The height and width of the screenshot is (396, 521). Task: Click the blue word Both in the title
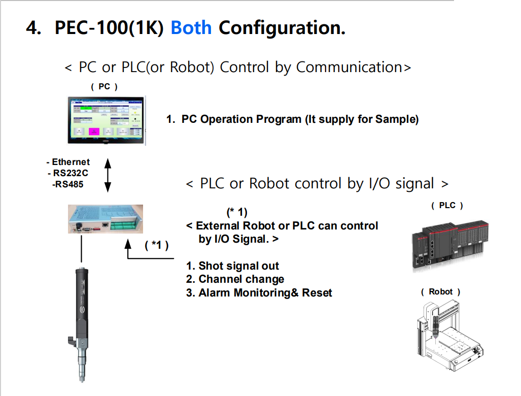tap(191, 27)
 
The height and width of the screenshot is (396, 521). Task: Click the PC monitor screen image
tap(106, 118)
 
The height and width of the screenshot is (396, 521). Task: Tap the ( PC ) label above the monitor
tap(104, 87)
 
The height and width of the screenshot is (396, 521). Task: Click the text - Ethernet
tap(68, 162)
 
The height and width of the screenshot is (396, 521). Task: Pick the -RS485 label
tap(67, 184)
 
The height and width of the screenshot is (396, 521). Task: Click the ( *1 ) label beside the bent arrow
tap(156, 245)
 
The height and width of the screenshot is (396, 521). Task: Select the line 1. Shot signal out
tap(232, 266)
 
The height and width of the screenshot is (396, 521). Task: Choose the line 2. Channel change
tap(235, 279)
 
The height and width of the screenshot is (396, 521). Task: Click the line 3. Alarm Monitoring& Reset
tap(259, 293)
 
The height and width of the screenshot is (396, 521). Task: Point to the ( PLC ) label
tap(447, 206)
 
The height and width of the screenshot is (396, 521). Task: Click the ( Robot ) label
tap(440, 292)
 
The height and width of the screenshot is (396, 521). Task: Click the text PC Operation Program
tap(241, 120)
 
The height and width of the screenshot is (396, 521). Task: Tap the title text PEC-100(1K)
tap(109, 27)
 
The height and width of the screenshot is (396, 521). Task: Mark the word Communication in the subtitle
tap(349, 67)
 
